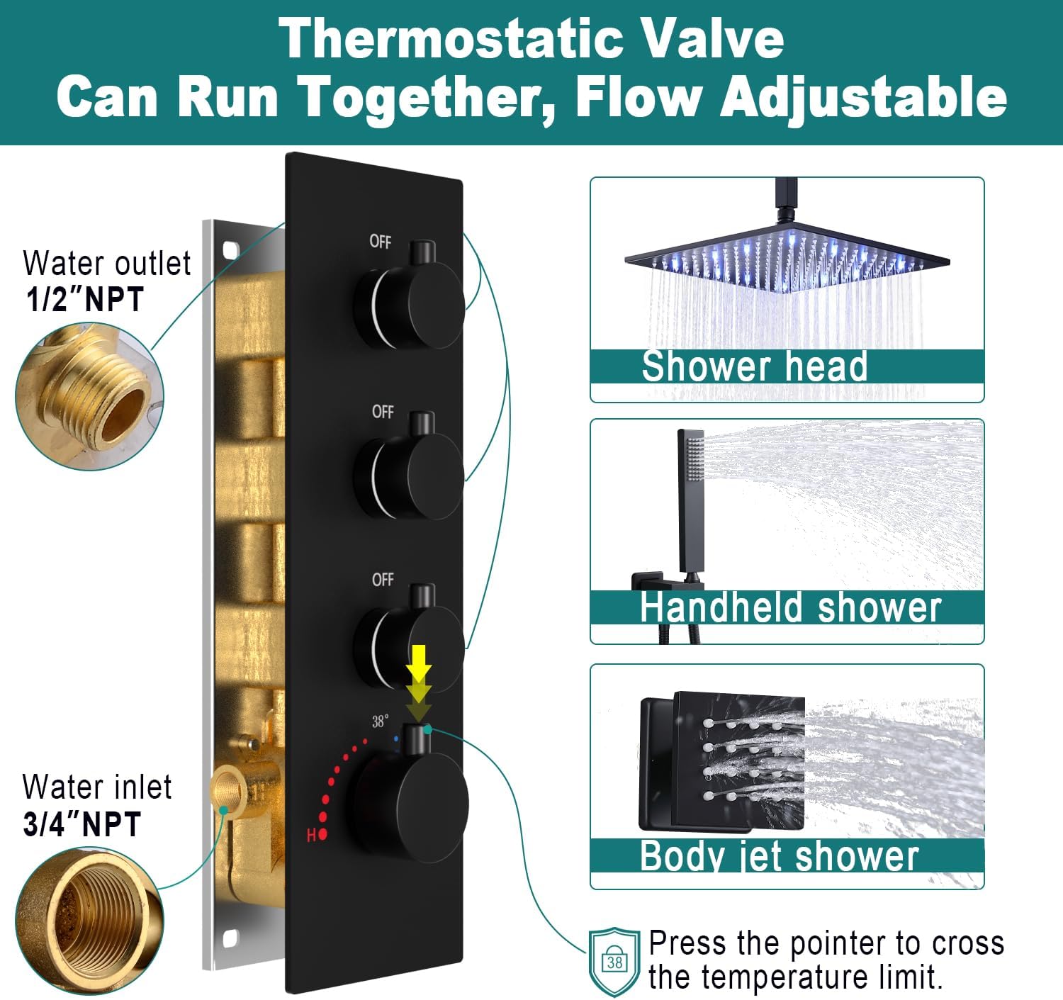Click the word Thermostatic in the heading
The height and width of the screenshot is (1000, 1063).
click(x=451, y=38)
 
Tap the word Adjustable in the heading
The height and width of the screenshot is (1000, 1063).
click(x=863, y=97)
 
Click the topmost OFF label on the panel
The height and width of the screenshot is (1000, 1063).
click(x=380, y=242)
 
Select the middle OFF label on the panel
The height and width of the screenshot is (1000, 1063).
click(x=383, y=411)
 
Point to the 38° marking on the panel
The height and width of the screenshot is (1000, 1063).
click(x=380, y=721)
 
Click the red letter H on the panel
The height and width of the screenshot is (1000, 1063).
click(x=311, y=835)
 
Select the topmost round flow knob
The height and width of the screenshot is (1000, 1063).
click(x=410, y=306)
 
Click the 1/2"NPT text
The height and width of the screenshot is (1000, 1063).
click(x=85, y=298)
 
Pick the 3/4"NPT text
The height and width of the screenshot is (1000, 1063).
click(x=82, y=824)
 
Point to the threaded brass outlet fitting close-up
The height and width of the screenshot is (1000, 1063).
click(x=89, y=397)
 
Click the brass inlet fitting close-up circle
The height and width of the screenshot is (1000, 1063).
click(x=89, y=921)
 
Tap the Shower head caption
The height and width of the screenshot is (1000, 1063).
click(x=754, y=366)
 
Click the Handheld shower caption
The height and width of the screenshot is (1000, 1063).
click(x=791, y=607)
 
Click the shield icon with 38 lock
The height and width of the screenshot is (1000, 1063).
click(x=614, y=962)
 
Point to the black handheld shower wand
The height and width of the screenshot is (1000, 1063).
click(x=690, y=501)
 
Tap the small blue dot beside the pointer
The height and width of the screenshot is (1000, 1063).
click(x=396, y=738)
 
